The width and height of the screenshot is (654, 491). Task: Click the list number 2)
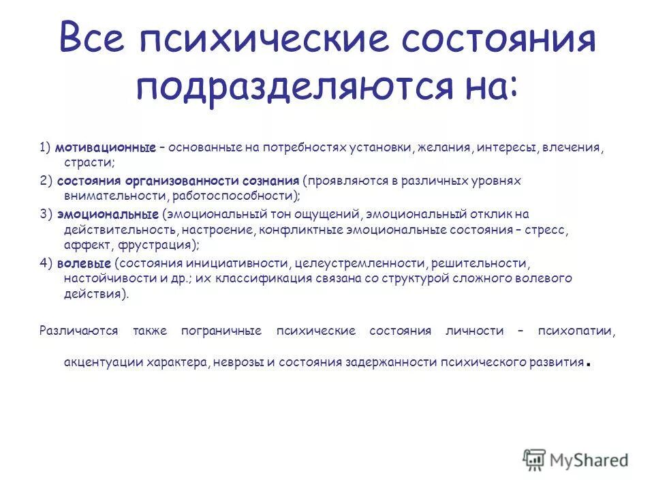tap(46, 181)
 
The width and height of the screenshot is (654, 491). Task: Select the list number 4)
tap(46, 263)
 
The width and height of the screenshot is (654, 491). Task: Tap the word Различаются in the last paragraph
tap(79, 331)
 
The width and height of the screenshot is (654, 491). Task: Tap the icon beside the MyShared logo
tap(534, 460)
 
